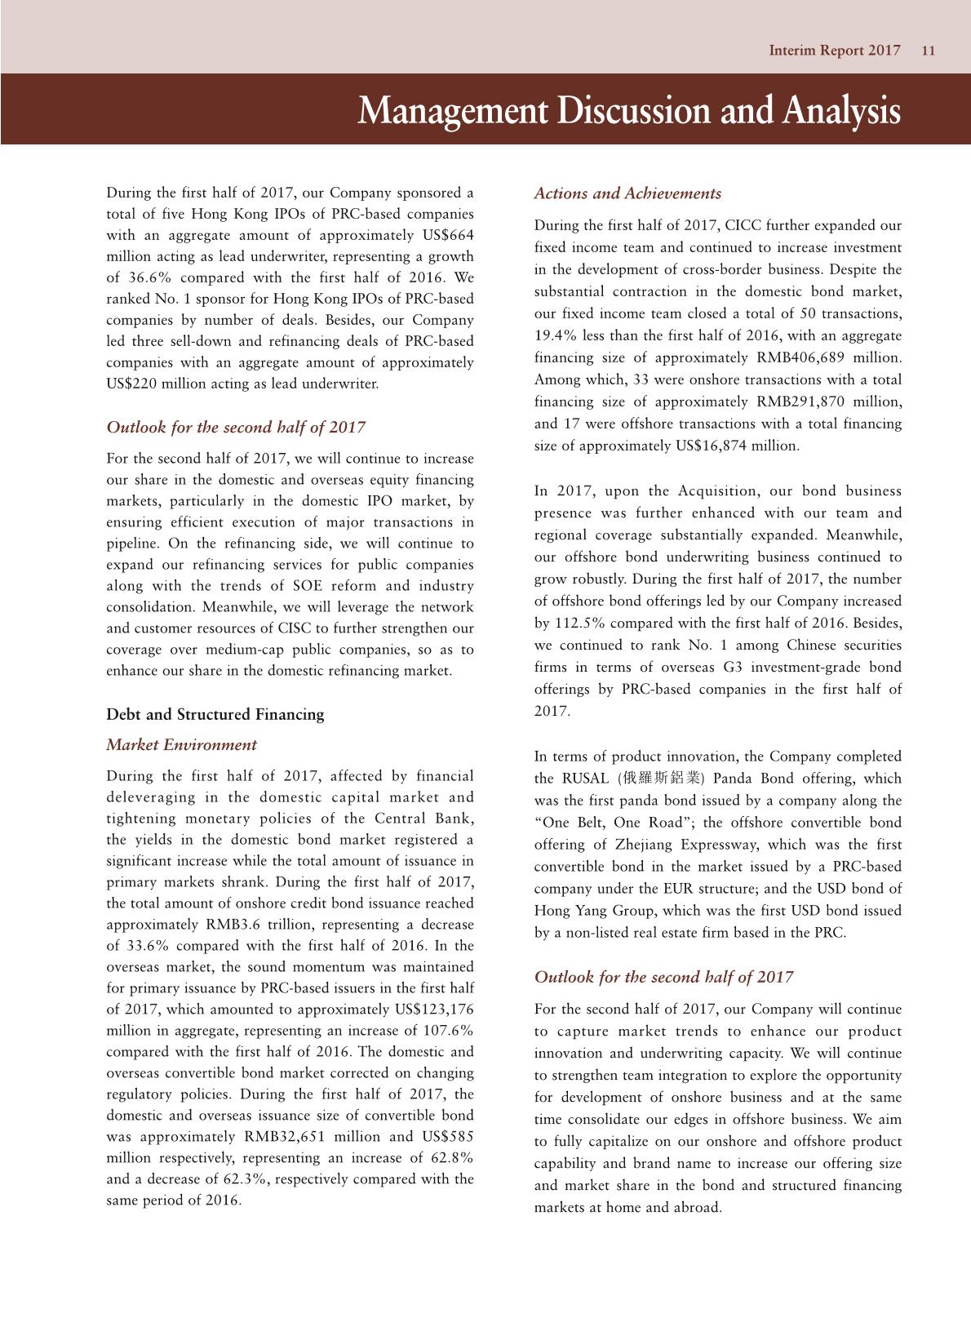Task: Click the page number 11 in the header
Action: pyautogui.click(x=928, y=51)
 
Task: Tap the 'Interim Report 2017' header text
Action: pyautogui.click(x=834, y=51)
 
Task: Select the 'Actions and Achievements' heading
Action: pyautogui.click(x=627, y=193)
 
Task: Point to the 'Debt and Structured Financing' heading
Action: pyautogui.click(x=215, y=714)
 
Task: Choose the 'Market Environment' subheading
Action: pyautogui.click(x=181, y=744)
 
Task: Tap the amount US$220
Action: pyautogui.click(x=131, y=383)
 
